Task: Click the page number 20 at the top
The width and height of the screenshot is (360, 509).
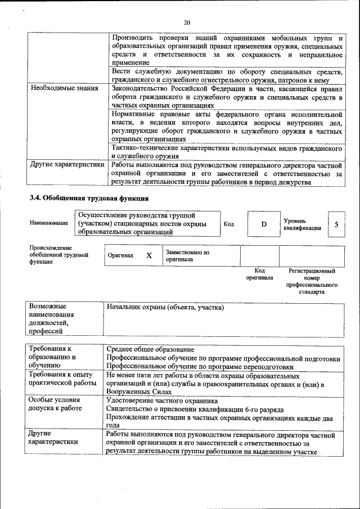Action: pyautogui.click(x=187, y=22)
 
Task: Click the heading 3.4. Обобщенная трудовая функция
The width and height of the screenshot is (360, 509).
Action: pyautogui.click(x=88, y=198)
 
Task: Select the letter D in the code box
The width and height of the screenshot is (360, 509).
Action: pyautogui.click(x=263, y=224)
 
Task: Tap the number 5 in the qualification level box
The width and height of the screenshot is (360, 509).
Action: pyautogui.click(x=336, y=224)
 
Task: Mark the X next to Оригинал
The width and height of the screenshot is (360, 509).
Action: pyautogui.click(x=149, y=255)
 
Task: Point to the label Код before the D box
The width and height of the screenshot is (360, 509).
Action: pyautogui.click(x=229, y=224)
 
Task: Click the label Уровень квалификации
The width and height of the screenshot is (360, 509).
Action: pyautogui.click(x=302, y=224)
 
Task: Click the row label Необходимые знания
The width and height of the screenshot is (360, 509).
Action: pyautogui.click(x=64, y=88)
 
